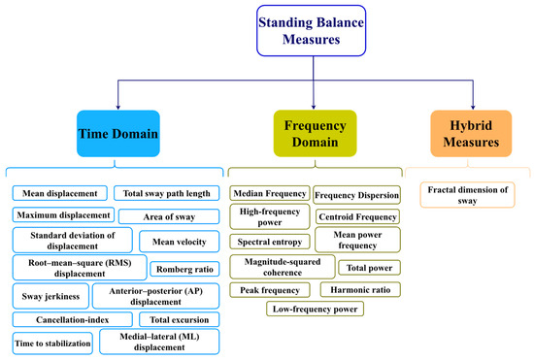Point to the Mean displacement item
[60, 192]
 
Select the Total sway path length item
[166, 192]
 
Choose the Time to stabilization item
[53, 343]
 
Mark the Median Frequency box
[269, 193]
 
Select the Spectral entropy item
[269, 240]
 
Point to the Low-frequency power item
[316, 310]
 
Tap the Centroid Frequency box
[357, 215]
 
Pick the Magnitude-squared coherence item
[283, 265]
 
